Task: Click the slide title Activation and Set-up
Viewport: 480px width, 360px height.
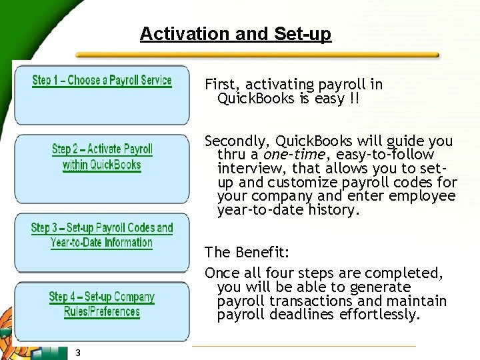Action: (x=235, y=34)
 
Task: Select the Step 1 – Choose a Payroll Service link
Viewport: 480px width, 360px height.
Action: (x=102, y=81)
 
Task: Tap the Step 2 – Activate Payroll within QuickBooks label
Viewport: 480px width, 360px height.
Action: (x=102, y=157)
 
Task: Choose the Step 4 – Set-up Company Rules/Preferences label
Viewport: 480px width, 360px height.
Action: (x=102, y=304)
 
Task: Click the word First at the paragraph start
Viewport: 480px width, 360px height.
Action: (x=223, y=85)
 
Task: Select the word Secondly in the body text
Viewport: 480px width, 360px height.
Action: (x=238, y=141)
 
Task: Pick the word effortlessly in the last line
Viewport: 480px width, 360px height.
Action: (x=381, y=315)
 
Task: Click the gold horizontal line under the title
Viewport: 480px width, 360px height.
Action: (x=257, y=55)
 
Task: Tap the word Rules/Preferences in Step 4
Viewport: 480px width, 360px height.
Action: (x=102, y=311)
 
